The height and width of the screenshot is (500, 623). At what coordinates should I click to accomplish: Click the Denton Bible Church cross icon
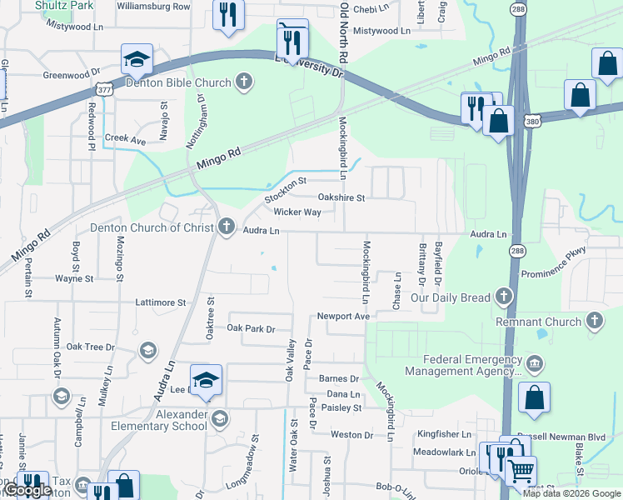click(x=243, y=82)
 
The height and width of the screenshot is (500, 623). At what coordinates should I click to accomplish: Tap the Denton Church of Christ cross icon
click(x=227, y=226)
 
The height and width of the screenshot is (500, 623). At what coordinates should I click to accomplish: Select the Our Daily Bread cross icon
click(x=503, y=296)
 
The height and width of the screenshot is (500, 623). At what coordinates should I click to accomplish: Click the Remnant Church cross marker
click(x=594, y=321)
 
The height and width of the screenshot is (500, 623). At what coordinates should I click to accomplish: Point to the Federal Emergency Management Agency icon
click(x=534, y=362)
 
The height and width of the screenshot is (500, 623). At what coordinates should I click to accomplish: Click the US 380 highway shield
click(x=531, y=122)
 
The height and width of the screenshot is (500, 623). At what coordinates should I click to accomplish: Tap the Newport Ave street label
click(x=342, y=317)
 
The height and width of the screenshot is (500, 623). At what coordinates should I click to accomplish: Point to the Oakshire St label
click(x=341, y=197)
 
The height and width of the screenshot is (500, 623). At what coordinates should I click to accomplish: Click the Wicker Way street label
click(x=297, y=212)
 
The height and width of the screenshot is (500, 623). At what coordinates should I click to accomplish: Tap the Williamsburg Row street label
click(x=154, y=6)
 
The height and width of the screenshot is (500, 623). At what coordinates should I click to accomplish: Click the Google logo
click(x=27, y=491)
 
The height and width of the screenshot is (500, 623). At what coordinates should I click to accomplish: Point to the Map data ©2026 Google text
click(x=571, y=493)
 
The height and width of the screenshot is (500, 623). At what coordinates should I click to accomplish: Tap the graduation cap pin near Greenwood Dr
click(x=137, y=59)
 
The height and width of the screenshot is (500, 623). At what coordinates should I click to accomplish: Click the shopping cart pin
click(x=521, y=472)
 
